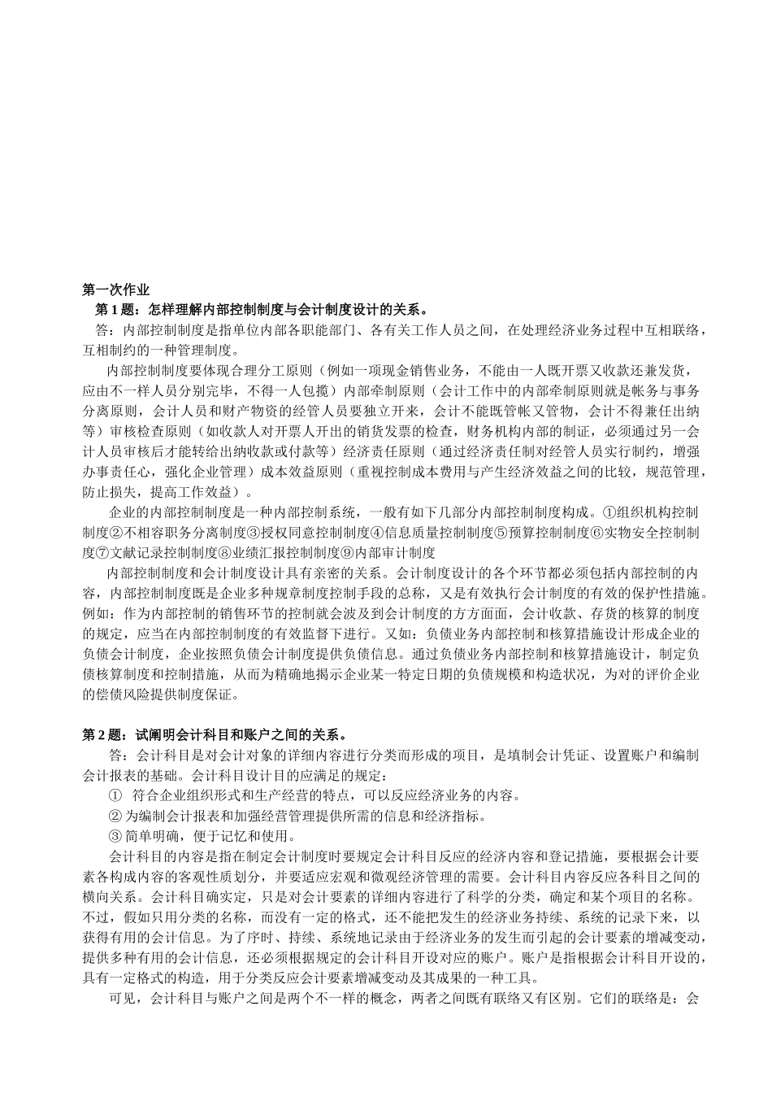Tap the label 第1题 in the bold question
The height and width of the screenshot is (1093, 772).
coord(113,310)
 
